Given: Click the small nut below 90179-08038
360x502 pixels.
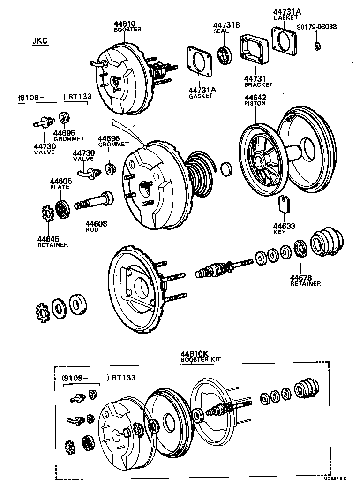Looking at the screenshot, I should [x=317, y=46].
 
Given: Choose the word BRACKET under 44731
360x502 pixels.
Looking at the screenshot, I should [x=258, y=85].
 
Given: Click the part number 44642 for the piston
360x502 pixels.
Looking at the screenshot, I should [x=255, y=97].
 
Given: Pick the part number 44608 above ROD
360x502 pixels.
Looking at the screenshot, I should [x=96, y=224].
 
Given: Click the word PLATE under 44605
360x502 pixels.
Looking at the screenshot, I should [x=60, y=187].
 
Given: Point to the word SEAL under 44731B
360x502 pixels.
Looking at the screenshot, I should [x=221, y=31].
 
